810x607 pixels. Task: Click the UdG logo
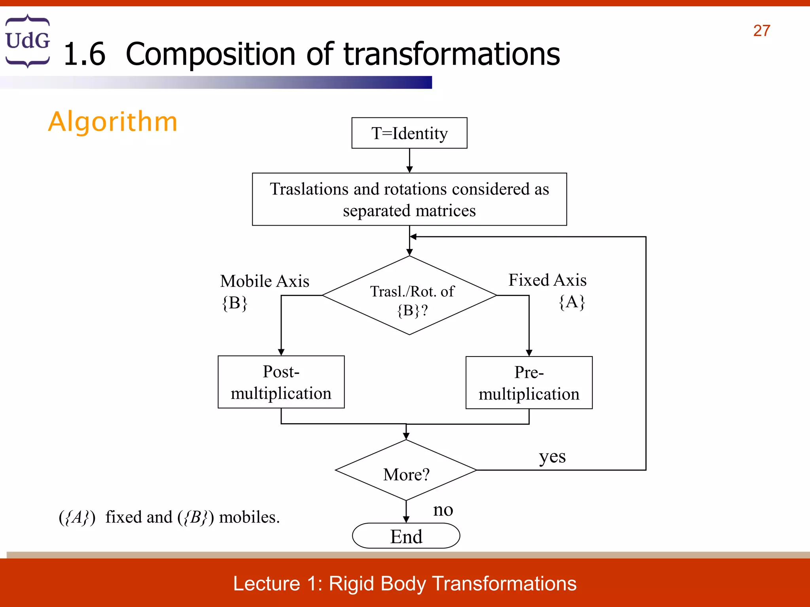pyautogui.click(x=28, y=41)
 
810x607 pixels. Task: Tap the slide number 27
pyautogui.click(x=761, y=31)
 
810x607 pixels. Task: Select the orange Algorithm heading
pyautogui.click(x=113, y=121)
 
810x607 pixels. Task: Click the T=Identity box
pyautogui.click(x=409, y=133)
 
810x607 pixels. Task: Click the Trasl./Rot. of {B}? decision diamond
pyautogui.click(x=409, y=296)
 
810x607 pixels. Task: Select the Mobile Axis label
pyautogui.click(x=265, y=281)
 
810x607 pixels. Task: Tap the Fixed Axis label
pyautogui.click(x=547, y=280)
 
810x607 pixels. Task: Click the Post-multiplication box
pyautogui.click(x=281, y=382)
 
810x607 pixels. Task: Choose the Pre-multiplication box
pyautogui.click(x=529, y=383)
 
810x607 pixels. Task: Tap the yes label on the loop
pyautogui.click(x=552, y=457)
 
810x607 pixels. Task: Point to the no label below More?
pyautogui.click(x=443, y=510)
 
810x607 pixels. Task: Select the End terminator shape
pyautogui.click(x=406, y=536)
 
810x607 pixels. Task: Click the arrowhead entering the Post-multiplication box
pyautogui.click(x=281, y=352)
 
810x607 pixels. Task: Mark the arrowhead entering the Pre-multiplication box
pyautogui.click(x=529, y=353)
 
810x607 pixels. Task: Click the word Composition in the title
pyautogui.click(x=210, y=54)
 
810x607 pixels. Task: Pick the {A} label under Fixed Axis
pyautogui.click(x=572, y=302)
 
